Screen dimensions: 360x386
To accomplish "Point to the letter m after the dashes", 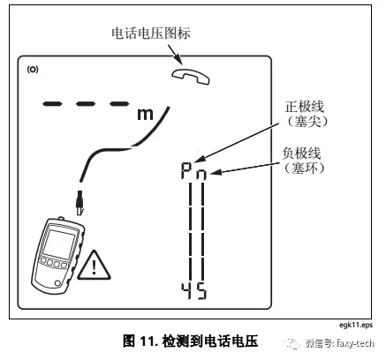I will [x=144, y=113].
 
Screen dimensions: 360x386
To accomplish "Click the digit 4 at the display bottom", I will [x=185, y=291].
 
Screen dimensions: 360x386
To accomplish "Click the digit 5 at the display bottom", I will [x=201, y=291].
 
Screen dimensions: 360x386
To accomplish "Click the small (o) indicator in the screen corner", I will [x=33, y=68].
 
